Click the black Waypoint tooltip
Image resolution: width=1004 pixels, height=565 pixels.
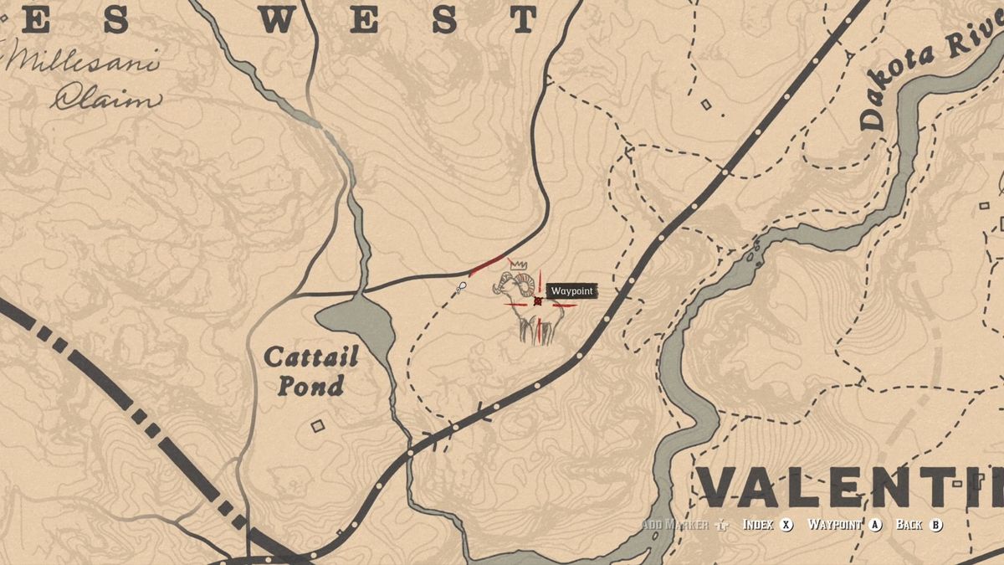572,290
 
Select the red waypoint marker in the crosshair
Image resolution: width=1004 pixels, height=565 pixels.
538,300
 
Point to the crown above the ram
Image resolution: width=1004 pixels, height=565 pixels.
519,265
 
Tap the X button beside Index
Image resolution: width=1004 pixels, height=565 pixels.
786,525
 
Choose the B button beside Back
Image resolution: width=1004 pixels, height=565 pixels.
936,525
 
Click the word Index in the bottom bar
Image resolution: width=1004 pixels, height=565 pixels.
759,525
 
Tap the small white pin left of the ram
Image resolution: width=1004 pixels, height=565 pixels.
461,287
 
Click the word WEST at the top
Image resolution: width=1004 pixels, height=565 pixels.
397,18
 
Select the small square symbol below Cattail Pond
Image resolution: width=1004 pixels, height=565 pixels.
317,426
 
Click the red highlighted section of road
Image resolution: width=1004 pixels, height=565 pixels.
487,265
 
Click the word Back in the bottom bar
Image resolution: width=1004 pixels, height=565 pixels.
909,525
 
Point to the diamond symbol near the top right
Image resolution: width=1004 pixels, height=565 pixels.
706,105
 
